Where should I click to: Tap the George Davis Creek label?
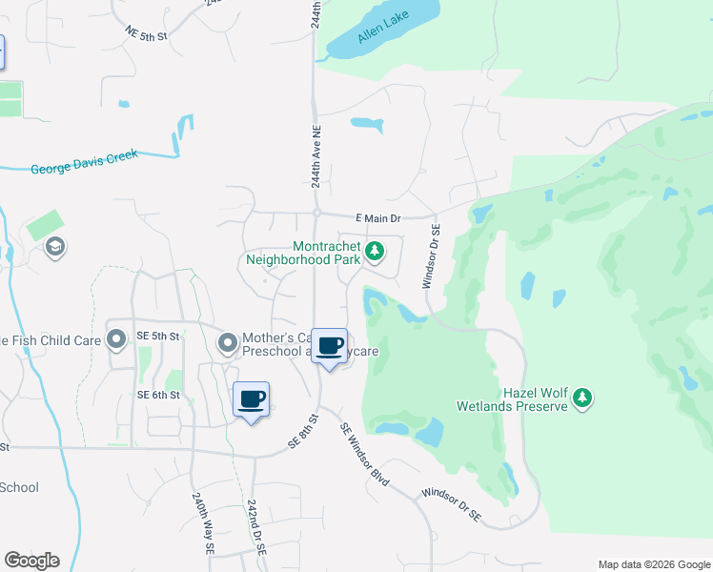point(84,162)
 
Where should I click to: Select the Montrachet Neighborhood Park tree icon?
point(376,252)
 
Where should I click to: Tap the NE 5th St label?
point(146,34)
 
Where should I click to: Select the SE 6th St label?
point(157,395)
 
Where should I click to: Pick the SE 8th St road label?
point(301,433)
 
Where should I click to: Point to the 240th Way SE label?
point(203,524)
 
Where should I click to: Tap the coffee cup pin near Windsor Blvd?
point(330,347)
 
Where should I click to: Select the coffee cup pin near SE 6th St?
point(252,400)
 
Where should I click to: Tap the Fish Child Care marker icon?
point(117,338)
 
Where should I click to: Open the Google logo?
point(31,561)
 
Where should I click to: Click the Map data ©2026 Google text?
point(653,564)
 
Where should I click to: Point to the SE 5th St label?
point(157,336)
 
